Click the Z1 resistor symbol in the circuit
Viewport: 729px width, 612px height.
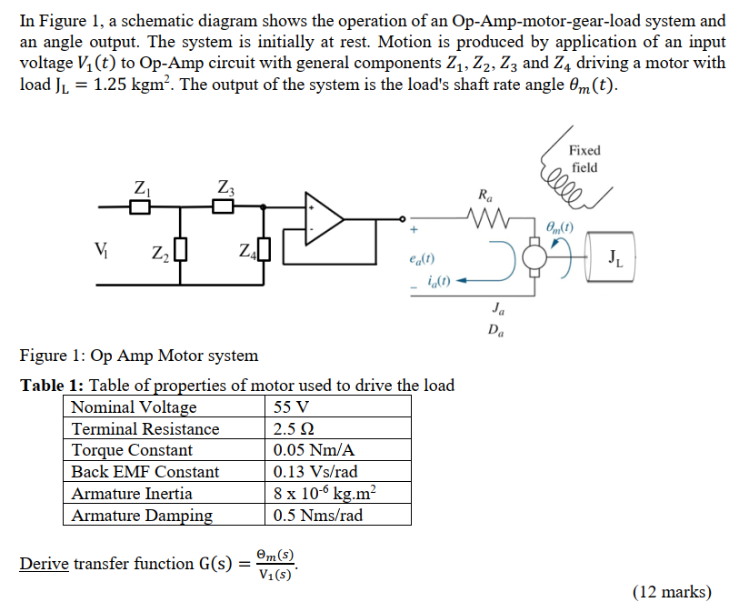coord(139,207)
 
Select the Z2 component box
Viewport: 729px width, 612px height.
coord(181,248)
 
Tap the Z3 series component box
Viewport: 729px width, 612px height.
coord(224,207)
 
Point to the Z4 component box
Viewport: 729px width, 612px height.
coord(265,248)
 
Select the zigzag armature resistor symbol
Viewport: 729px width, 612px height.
coord(484,218)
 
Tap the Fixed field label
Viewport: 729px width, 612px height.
coord(584,158)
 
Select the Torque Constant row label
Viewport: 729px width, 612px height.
coord(132,450)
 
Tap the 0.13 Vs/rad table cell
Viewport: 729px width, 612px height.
coord(315,472)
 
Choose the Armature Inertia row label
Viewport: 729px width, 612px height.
coord(132,494)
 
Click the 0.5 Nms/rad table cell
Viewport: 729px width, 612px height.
coord(318,516)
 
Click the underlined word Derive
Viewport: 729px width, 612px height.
coord(44,564)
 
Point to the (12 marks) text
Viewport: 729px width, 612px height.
coord(672,592)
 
